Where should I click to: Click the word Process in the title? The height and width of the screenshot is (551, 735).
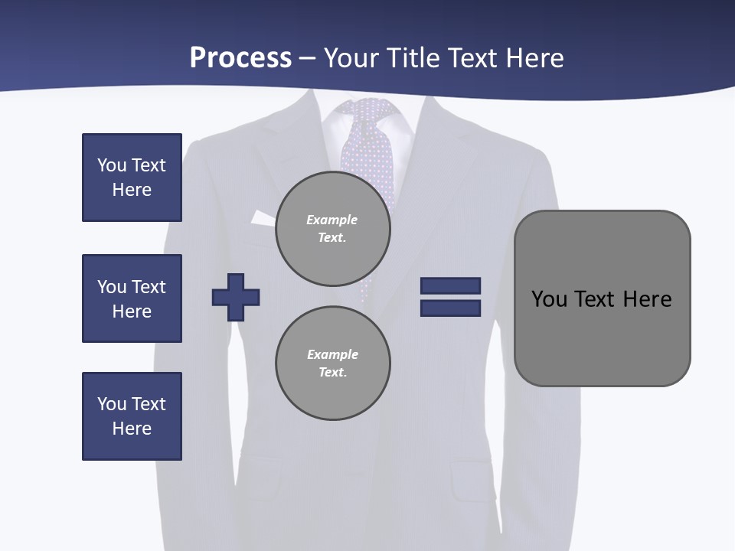pos(240,58)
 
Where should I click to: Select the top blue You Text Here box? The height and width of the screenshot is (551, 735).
pos(132,178)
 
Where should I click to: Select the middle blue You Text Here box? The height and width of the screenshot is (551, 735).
pos(132,298)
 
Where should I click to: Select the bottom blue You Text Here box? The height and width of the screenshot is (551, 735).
pos(132,416)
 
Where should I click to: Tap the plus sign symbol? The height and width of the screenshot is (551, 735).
pos(236,297)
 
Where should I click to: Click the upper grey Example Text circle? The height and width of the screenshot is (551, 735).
pos(333,229)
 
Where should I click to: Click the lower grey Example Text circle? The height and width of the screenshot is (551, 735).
pos(333,364)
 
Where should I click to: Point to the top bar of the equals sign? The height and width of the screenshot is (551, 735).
pos(450,285)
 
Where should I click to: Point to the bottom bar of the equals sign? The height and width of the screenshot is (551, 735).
pos(450,308)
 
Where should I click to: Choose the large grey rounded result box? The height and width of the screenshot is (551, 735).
pos(602,298)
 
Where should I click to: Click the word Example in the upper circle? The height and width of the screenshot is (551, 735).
pos(332,220)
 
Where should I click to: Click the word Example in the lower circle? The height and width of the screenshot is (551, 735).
pos(332,354)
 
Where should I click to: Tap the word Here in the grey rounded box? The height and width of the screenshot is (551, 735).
pos(647,298)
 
